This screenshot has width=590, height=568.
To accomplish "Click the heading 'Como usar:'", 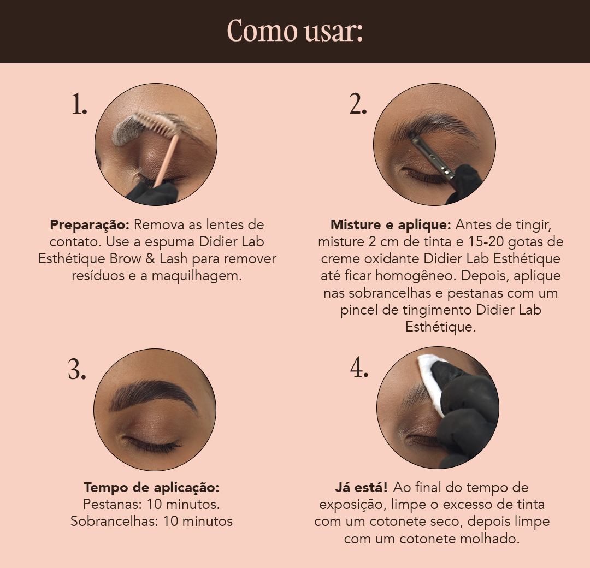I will click(295, 31).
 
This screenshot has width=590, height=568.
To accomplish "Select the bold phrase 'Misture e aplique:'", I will click(390, 224).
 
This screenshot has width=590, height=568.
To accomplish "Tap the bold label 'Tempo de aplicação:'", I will click(151, 487).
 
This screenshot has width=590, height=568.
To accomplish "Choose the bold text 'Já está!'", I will click(361, 487).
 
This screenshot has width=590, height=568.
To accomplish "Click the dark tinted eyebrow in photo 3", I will click(153, 394).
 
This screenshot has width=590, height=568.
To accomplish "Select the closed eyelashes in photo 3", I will click(152, 445).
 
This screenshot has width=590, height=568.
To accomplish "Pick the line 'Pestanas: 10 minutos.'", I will click(151, 504).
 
